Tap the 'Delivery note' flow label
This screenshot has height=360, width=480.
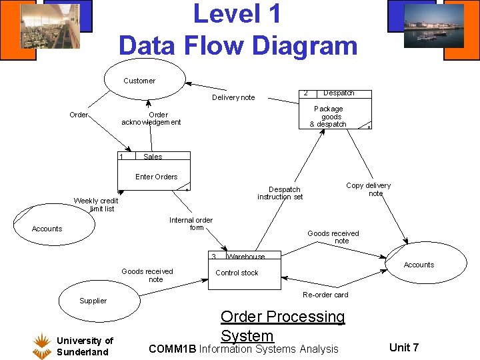point(233,98)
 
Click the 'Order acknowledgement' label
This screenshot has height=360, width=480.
point(151,119)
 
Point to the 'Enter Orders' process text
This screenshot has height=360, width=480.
point(157,177)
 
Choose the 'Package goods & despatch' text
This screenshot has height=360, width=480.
point(328,117)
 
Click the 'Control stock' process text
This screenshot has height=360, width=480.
point(237,273)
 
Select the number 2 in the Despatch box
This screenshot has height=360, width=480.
point(305,93)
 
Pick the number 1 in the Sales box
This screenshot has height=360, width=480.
point(121,157)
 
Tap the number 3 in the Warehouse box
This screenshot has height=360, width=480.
point(214,257)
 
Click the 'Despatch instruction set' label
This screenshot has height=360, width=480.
point(281,193)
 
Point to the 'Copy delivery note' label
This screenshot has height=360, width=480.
point(369,189)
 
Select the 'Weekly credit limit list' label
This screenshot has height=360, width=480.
point(96,205)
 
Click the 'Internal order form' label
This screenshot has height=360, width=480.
point(191,224)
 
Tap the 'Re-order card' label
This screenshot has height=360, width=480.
point(325,295)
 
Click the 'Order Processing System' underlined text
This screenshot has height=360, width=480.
point(283,326)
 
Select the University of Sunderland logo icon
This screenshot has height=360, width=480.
point(42,345)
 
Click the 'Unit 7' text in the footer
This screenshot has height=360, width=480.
point(404,347)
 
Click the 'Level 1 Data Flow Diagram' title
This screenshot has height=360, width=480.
point(238,30)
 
